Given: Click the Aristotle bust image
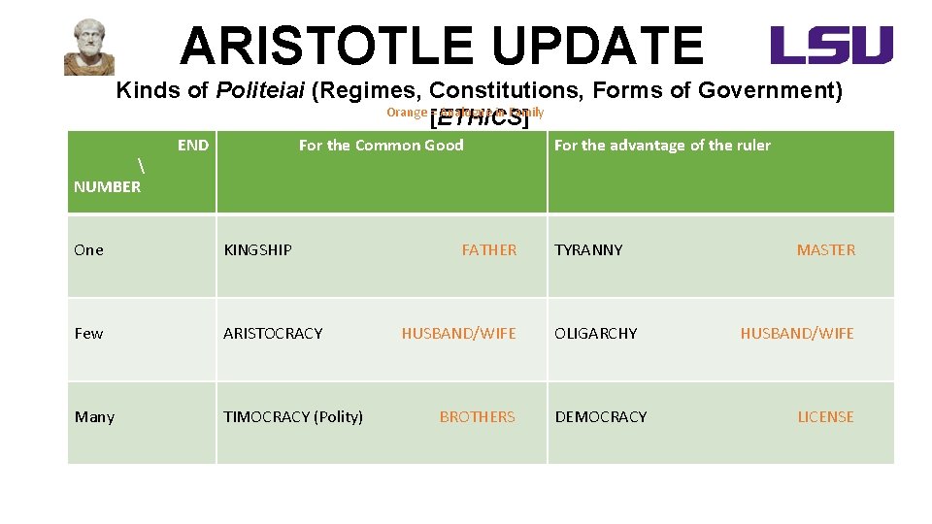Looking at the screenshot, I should [x=89, y=47].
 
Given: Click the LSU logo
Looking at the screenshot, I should [x=831, y=46].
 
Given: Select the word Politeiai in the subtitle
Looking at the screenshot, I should [x=260, y=91].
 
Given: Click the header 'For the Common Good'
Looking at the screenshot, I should [x=381, y=146].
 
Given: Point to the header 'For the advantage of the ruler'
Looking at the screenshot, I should [x=662, y=146].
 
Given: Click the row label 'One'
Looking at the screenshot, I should [x=88, y=250].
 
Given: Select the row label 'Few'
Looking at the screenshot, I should [x=88, y=334].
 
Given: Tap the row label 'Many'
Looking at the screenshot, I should [x=94, y=417].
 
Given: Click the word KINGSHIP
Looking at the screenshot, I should [x=257, y=250].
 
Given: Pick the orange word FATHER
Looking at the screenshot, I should [x=489, y=250].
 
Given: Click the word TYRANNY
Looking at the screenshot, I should [x=588, y=250].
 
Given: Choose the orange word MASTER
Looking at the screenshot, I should [x=826, y=250].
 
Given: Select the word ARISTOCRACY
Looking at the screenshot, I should [x=273, y=334].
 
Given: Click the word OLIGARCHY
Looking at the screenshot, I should [x=596, y=334].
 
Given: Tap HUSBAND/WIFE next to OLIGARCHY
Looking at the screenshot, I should [x=797, y=334].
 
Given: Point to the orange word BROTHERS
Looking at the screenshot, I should [x=478, y=417].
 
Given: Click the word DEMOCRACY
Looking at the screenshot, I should [x=601, y=417].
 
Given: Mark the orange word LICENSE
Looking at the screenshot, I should [x=825, y=417].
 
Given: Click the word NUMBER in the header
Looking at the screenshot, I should [x=107, y=187].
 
